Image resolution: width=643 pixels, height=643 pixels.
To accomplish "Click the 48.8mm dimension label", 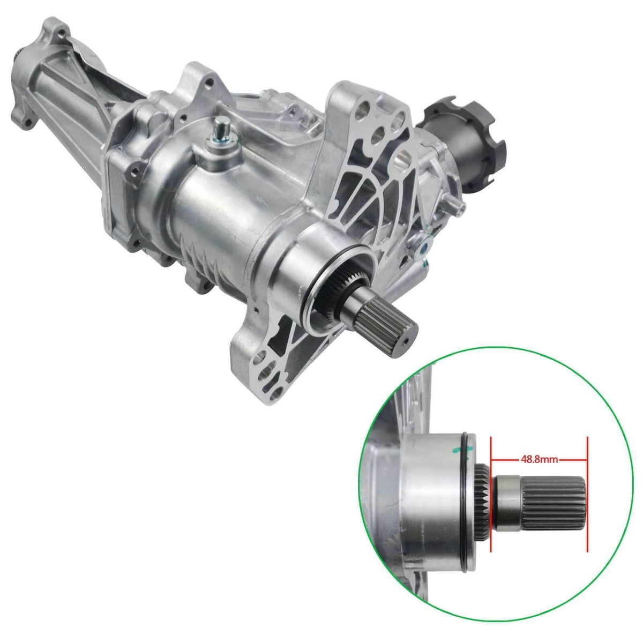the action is pyautogui.click(x=539, y=459).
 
